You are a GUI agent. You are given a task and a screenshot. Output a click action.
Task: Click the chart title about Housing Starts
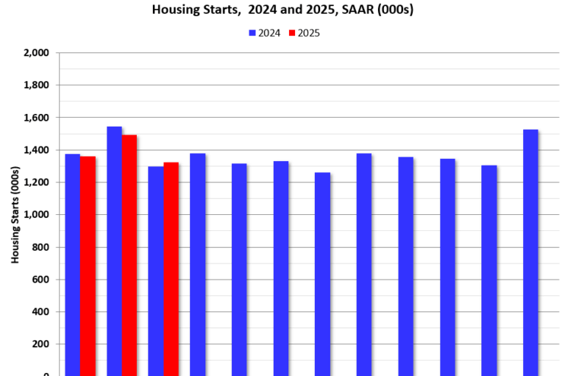(282, 10)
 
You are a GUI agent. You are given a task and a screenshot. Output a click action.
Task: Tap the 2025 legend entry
(303, 33)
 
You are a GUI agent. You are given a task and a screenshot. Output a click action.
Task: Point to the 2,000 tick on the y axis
(36, 53)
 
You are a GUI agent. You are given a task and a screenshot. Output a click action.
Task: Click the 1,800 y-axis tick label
(36, 85)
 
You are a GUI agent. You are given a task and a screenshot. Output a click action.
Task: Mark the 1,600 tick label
(36, 118)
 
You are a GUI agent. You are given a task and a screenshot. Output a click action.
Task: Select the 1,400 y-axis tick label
(36, 150)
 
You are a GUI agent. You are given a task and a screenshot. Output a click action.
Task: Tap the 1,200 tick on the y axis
(36, 182)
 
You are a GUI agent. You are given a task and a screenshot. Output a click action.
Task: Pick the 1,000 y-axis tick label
(36, 215)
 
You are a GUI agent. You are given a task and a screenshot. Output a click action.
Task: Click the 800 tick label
(40, 247)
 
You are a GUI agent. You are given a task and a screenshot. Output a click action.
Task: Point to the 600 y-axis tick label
(40, 280)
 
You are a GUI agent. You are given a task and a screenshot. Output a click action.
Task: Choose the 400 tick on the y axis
(40, 312)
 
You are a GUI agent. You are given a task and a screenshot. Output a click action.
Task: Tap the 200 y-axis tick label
(40, 344)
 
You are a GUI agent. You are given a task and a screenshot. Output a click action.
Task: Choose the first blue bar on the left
(72, 265)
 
